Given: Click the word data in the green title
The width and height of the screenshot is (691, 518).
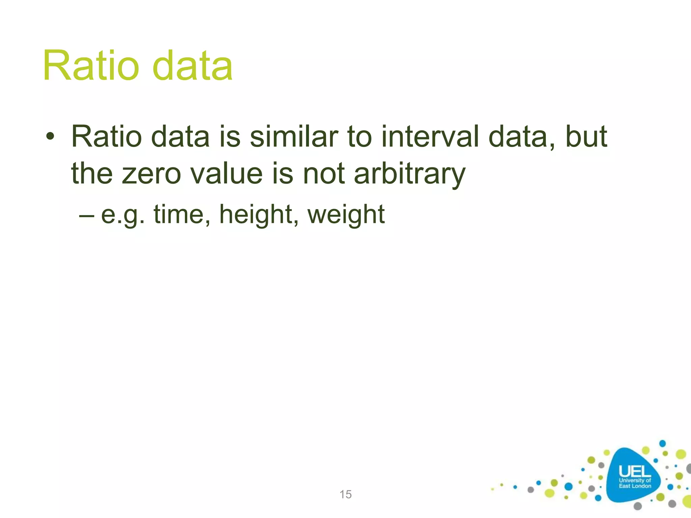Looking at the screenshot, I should coord(192,66).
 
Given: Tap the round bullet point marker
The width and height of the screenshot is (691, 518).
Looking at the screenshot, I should coord(50,137).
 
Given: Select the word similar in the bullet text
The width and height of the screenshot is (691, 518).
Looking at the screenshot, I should coord(294,137).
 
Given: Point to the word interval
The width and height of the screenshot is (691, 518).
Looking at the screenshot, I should coord(430,137).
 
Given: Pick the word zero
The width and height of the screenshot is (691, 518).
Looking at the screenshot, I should coord(151,174).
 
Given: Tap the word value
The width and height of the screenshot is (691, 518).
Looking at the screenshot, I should coord(226,174).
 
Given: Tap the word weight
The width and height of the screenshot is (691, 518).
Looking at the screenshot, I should coord(346,215).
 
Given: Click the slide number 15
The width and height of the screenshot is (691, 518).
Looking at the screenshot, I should coord(345,494).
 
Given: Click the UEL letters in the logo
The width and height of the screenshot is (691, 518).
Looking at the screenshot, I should coord(635,471).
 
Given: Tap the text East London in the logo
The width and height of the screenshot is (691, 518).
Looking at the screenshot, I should coord(635,486).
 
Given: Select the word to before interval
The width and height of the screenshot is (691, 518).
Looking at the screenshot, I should coord(360,137).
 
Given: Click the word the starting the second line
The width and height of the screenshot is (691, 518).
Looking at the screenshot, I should coord(92,174).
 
